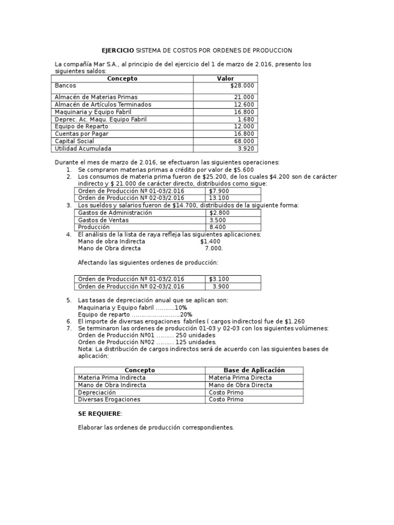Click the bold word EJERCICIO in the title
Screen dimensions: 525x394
[117, 50]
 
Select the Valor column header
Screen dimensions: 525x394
[225, 78]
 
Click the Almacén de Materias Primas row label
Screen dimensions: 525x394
[96, 97]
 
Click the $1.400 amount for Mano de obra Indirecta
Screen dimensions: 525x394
[210, 241]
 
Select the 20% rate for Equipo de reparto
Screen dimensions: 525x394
[186, 314]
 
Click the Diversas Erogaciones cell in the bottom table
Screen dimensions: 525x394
[109, 399]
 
